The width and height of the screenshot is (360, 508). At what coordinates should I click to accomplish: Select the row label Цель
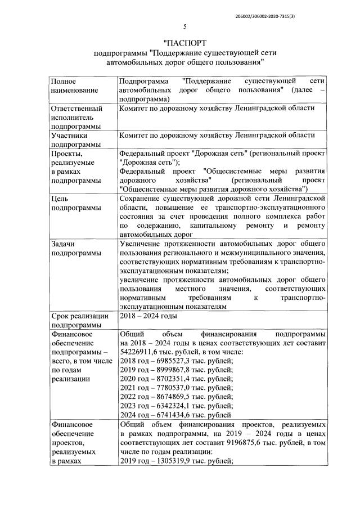[60, 199]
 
